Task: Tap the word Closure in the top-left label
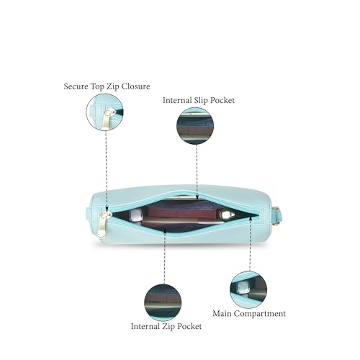(135, 86)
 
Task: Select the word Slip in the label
(201, 100)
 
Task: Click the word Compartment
(264, 314)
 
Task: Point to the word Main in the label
(225, 313)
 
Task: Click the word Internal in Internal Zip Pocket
(145, 326)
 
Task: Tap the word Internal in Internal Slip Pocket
(177, 100)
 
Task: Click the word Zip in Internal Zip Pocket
(168, 327)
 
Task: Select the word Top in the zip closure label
(97, 87)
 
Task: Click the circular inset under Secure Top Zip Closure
(105, 112)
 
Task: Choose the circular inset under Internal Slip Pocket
(196, 126)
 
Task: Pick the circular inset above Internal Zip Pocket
(163, 302)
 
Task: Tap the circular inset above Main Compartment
(248, 289)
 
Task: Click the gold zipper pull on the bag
(103, 225)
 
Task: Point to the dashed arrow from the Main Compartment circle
(250, 243)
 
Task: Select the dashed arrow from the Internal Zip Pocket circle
(165, 256)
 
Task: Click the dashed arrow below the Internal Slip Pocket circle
(197, 172)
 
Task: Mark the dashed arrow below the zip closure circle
(107, 171)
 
